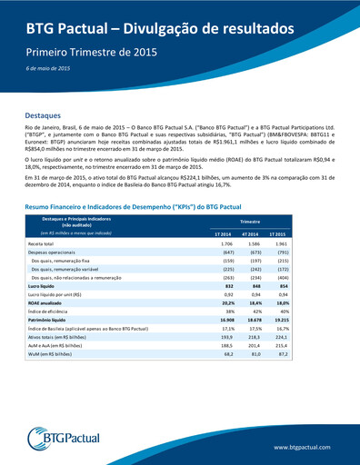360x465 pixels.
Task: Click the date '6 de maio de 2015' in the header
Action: coord(47,69)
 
